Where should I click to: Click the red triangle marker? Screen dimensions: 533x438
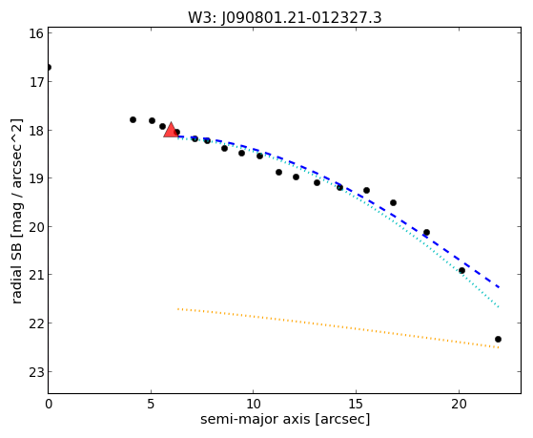click(171, 130)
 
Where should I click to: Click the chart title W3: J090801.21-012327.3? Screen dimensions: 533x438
click(285, 18)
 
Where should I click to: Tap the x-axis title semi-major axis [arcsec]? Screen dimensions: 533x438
click(285, 419)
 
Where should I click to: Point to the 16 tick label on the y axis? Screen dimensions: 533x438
click(35, 33)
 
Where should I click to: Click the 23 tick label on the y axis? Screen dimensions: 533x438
click(35, 372)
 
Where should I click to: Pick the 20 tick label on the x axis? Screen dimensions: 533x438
click(460, 404)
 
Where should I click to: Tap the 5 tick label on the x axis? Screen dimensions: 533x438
click(151, 404)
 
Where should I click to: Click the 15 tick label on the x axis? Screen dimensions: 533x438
click(357, 404)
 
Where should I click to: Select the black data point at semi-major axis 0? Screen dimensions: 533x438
click(49, 68)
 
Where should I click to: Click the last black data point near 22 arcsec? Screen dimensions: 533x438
click(498, 340)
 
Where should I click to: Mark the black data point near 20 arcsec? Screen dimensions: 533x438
click(461, 271)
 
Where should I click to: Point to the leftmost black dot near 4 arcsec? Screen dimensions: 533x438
click(133, 120)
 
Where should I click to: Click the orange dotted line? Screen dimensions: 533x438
click(338, 328)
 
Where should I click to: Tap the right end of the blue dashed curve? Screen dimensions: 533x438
click(499, 287)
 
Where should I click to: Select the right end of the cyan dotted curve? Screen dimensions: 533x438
click(499, 307)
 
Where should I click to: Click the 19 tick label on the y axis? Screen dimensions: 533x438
click(35, 178)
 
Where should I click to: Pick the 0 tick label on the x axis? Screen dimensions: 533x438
click(49, 404)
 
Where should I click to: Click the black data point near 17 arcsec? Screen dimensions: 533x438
click(393, 203)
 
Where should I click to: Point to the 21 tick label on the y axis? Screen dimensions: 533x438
click(35, 275)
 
